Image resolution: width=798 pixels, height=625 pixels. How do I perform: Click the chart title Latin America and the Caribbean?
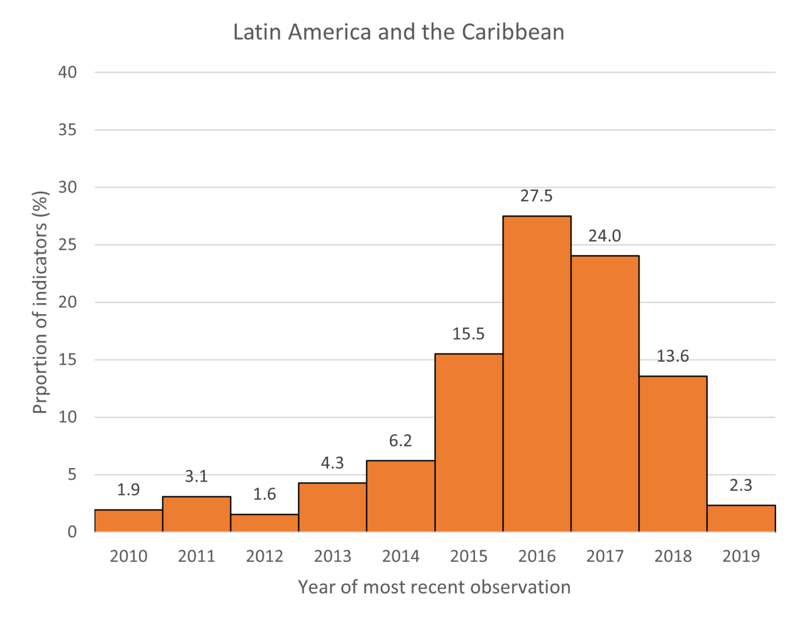coord(398,32)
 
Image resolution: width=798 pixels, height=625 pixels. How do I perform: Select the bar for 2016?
coord(537,374)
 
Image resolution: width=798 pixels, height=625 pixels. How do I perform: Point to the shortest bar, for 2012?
coord(264,523)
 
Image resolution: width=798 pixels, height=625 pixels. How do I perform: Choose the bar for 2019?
coord(741,518)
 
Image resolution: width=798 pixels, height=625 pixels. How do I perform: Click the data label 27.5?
coord(537,196)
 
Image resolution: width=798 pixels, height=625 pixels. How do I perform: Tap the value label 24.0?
coord(605,236)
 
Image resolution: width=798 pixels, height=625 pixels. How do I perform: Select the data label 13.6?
coord(673,356)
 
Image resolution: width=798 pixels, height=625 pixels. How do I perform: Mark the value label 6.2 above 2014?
coord(401,441)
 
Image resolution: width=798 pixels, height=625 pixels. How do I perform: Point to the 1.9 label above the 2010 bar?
coord(128,490)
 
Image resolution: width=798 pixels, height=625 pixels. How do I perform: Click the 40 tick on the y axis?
coord(68,72)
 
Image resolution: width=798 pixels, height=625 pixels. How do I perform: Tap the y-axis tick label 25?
coord(68,245)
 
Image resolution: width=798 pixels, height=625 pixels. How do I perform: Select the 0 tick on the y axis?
coord(72,532)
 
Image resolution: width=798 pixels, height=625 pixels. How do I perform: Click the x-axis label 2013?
coord(332,556)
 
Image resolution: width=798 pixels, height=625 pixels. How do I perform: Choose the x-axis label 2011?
coord(196,556)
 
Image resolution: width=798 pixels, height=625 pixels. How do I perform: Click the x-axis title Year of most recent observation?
coord(434,587)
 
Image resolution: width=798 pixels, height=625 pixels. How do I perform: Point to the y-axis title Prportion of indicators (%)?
coord(41,302)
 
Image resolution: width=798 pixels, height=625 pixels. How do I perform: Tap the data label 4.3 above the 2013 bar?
coord(332,463)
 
